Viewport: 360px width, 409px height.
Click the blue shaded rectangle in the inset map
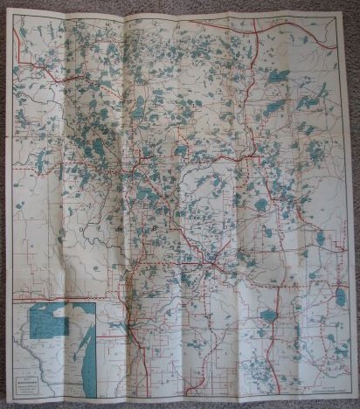pyautogui.click(x=49, y=322)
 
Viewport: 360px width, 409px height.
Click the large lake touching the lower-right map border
pyautogui.click(x=340, y=297)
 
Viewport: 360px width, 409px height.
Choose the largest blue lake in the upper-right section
pyautogui.click(x=278, y=77)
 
